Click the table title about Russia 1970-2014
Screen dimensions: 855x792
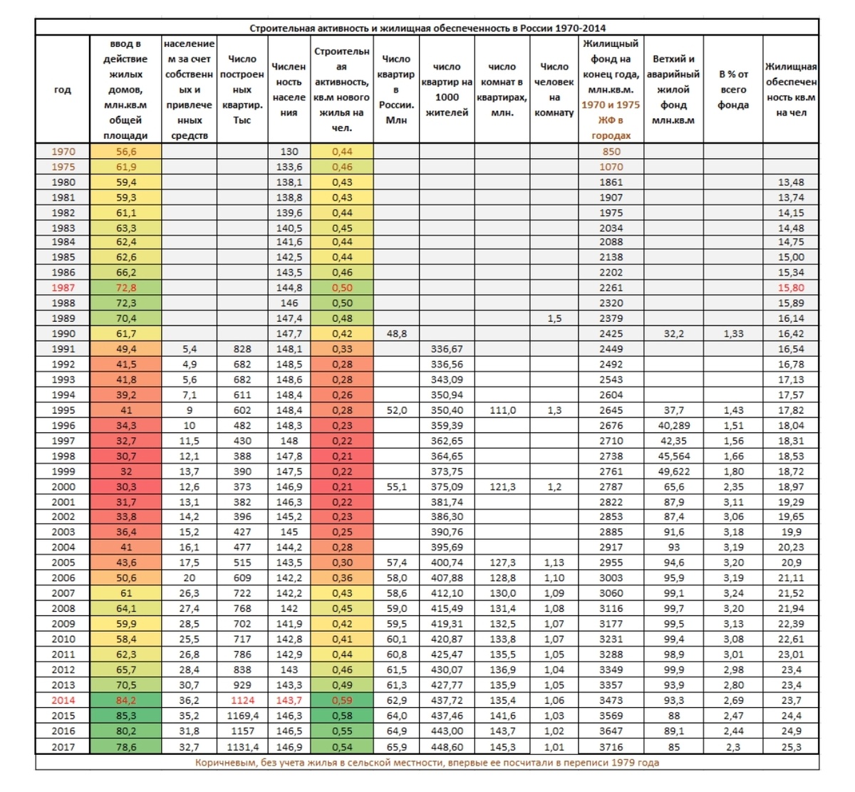(x=427, y=28)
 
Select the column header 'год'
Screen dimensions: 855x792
(x=63, y=90)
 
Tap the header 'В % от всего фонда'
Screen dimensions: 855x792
(x=732, y=90)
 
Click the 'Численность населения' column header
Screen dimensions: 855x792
(x=289, y=90)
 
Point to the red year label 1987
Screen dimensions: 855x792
(x=63, y=288)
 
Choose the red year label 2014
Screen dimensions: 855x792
(x=63, y=700)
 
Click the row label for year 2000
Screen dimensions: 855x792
(x=63, y=486)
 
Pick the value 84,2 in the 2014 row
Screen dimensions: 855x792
(x=125, y=700)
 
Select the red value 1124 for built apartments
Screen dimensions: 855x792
(x=242, y=700)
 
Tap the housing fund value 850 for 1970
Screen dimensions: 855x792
(x=611, y=152)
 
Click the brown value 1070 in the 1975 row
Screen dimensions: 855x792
(x=611, y=167)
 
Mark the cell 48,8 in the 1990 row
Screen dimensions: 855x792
(x=396, y=333)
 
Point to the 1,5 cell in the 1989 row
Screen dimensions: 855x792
(x=554, y=318)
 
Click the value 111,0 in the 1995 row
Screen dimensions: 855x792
(x=502, y=410)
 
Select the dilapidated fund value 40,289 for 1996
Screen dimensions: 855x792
(x=673, y=425)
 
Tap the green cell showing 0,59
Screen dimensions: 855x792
(x=342, y=700)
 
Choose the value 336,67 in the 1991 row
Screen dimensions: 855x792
(x=447, y=349)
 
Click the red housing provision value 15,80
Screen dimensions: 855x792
(x=790, y=288)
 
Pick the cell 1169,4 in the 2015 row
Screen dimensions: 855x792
(x=242, y=715)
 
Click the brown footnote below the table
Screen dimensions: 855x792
(x=427, y=762)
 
